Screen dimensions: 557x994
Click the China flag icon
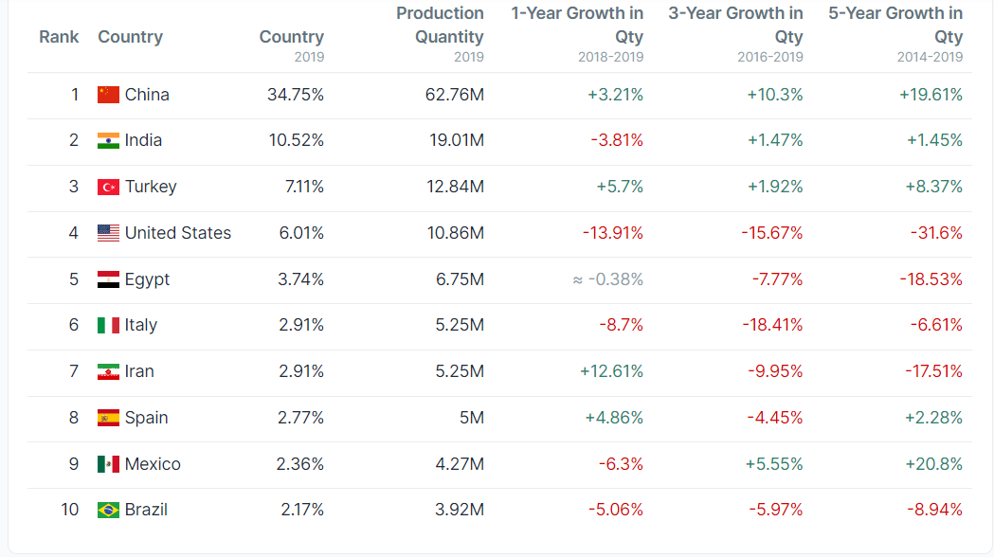[x=108, y=95]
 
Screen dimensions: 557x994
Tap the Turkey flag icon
[x=108, y=187]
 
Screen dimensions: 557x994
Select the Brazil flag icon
[x=108, y=510]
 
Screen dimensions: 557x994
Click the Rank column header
[x=59, y=37]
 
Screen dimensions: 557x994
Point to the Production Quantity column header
[x=440, y=26]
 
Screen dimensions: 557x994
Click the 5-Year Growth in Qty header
[x=895, y=26]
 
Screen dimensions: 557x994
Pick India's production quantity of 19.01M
[x=455, y=140]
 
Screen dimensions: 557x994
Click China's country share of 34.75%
[x=296, y=95]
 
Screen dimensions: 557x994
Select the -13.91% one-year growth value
[x=616, y=233]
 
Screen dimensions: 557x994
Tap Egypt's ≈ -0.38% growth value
[x=608, y=279]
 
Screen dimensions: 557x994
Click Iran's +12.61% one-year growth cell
[x=611, y=371]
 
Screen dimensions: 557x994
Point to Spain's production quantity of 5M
[x=471, y=418]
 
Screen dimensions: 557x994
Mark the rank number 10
[x=70, y=510]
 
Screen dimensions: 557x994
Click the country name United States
[x=178, y=233]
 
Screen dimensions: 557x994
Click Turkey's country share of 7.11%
[x=304, y=187]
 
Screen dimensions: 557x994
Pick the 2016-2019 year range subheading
[x=770, y=57]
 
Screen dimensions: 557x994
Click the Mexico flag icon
[x=108, y=464]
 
